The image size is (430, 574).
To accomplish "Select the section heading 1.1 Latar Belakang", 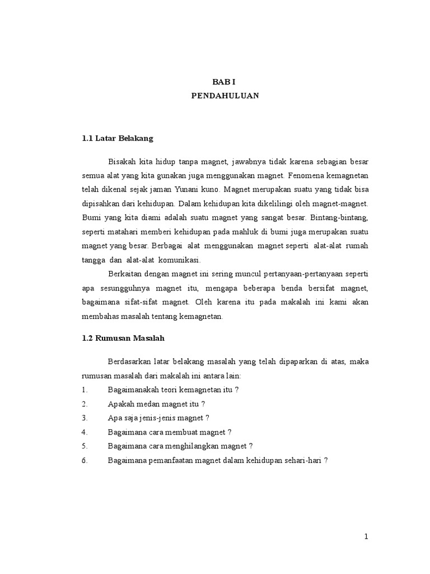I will [x=117, y=137].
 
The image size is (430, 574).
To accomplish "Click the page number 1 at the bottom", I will [x=366, y=536].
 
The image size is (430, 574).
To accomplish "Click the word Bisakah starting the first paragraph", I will [x=122, y=162].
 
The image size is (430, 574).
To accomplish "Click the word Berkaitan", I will [x=124, y=274].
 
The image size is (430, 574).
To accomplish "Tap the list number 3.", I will [x=85, y=418].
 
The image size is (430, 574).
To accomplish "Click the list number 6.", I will [x=85, y=460].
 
